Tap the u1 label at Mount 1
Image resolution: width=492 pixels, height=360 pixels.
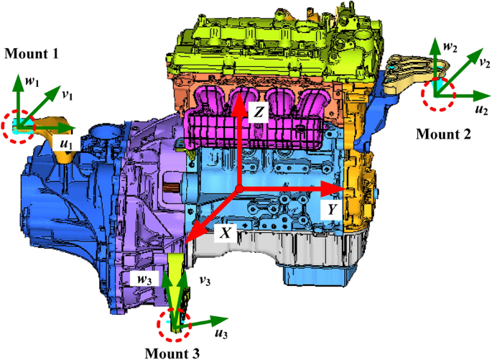(65, 143)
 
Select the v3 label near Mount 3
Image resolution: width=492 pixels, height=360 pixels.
(203, 279)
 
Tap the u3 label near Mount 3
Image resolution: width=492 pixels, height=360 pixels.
(222, 334)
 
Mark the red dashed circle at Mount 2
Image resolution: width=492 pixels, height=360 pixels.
(438, 93)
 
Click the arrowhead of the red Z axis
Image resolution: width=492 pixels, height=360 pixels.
(237, 103)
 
